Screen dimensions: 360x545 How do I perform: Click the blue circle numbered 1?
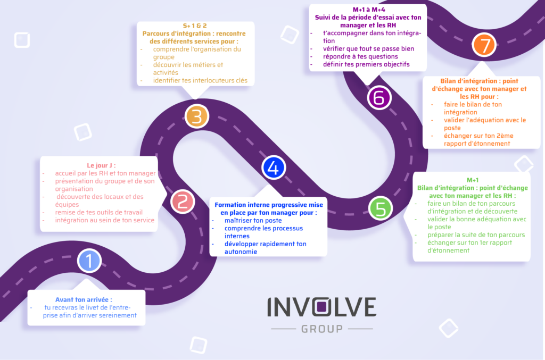click(89, 261)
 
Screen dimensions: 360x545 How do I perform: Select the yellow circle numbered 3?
click(196, 116)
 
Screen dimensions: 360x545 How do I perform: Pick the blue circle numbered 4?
click(274, 168)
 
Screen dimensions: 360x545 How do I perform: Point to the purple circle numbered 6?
click(379, 98)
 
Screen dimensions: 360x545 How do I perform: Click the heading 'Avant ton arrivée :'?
click(84, 299)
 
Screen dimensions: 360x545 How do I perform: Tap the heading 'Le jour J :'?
click(101, 165)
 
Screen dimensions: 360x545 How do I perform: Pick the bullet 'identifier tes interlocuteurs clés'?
click(200, 80)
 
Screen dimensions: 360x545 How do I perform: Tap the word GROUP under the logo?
click(322, 329)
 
